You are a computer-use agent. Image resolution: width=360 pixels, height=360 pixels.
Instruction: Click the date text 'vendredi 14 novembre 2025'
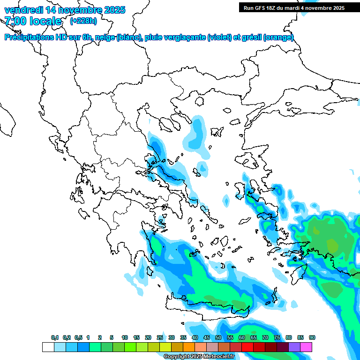[x=65, y=10]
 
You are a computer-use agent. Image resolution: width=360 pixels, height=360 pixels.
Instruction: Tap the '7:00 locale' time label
[x=33, y=21]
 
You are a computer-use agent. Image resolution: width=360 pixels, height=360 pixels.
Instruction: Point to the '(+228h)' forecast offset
[x=83, y=21]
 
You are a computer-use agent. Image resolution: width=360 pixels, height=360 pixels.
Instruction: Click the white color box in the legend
[x=48, y=347]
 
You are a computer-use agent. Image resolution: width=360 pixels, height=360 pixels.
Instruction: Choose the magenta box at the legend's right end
[x=306, y=347]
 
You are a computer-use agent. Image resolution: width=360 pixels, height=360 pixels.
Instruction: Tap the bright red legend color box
[x=247, y=347]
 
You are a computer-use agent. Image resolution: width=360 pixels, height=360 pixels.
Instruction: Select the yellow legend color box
[x=165, y=347]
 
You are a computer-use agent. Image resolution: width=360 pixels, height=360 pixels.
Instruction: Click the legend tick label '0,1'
[x=55, y=338]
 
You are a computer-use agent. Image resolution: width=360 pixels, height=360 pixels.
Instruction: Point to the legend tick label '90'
[x=312, y=338]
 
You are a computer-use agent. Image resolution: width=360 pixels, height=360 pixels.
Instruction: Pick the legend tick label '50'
[x=218, y=338]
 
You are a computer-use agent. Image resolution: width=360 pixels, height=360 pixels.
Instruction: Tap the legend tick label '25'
[x=160, y=338]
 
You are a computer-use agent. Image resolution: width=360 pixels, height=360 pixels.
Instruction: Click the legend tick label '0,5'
[x=78, y=338]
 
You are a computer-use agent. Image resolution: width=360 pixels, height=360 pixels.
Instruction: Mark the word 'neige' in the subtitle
[x=105, y=37]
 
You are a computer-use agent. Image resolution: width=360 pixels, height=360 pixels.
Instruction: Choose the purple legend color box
[x=294, y=347]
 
